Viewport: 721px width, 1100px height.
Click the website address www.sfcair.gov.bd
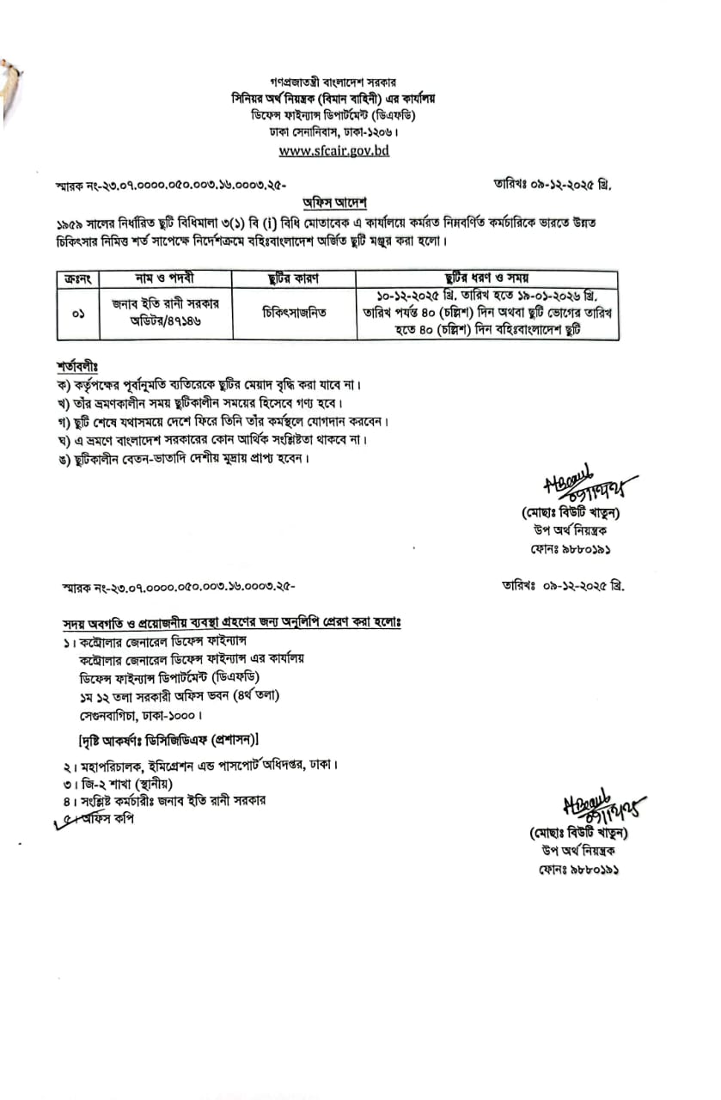(x=334, y=150)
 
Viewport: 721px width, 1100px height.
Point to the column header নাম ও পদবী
(x=165, y=278)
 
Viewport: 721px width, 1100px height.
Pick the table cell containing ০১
(x=78, y=312)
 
